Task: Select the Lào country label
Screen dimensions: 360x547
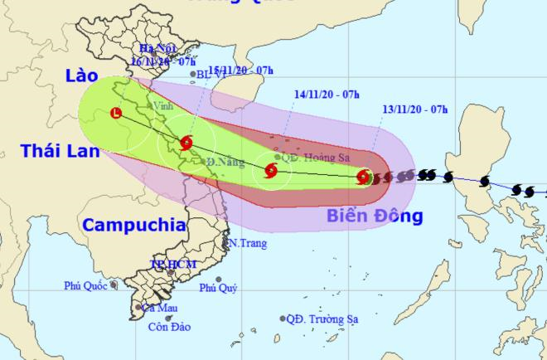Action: pyautogui.click(x=84, y=77)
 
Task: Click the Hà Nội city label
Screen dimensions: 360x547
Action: pyautogui.click(x=161, y=49)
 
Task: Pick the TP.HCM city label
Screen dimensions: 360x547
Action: pyautogui.click(x=170, y=264)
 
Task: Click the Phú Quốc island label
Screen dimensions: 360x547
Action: pyautogui.click(x=87, y=286)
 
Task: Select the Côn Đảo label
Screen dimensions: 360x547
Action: pyautogui.click(x=168, y=326)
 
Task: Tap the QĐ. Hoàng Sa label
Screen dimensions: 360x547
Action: pyautogui.click(x=312, y=156)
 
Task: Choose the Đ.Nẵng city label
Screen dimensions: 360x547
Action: pyautogui.click(x=223, y=162)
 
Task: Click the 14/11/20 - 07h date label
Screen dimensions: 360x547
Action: pyautogui.click(x=327, y=93)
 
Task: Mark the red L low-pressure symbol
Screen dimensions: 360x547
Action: pyautogui.click(x=116, y=113)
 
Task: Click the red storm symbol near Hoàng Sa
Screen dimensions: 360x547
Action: pyautogui.click(x=270, y=172)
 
